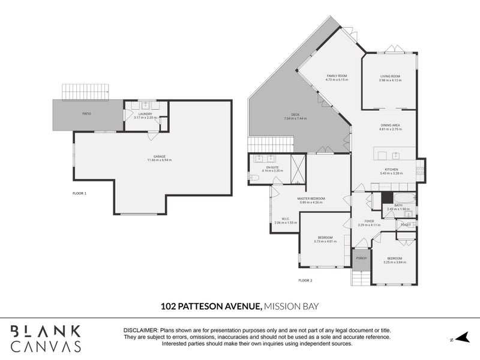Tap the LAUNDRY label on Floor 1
(145, 113)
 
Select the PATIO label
(86, 112)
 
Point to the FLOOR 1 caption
(79, 193)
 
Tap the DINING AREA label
(390, 125)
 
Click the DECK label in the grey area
(295, 115)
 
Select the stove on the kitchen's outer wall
(421, 170)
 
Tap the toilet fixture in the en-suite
(254, 178)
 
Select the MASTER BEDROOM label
(311, 198)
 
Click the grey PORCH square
(361, 258)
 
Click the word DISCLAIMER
(140, 331)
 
